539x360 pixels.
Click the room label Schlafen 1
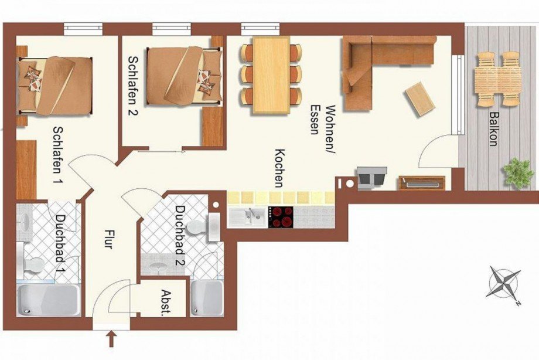59,155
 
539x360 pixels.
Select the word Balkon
494,129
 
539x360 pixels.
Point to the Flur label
108,239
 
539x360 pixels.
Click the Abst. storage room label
166,303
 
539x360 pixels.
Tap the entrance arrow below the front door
111,339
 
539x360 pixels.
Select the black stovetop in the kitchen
281,217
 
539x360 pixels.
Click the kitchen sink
247,217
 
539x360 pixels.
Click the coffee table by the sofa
419,99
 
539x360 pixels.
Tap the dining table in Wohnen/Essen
271,75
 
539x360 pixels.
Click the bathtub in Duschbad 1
49,300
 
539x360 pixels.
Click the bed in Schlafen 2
184,76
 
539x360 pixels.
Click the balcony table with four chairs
497,79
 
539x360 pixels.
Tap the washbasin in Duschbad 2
158,266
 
